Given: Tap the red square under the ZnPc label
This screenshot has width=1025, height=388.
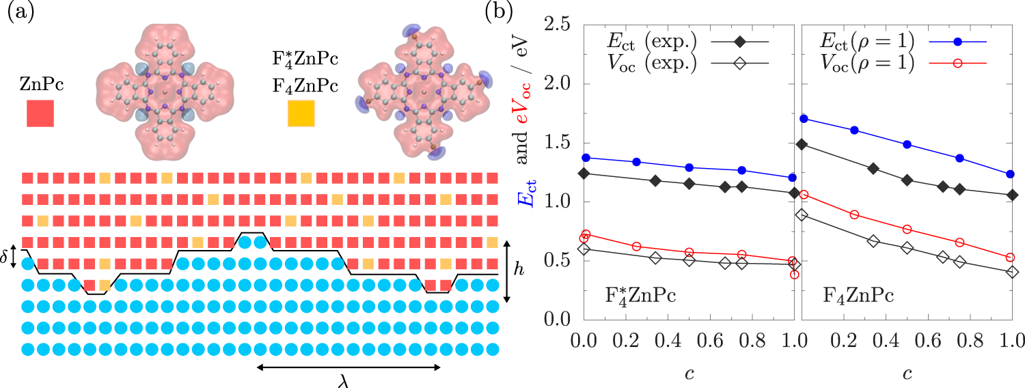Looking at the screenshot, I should coord(40,113).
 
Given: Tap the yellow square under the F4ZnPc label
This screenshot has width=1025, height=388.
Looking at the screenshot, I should coord(301,113).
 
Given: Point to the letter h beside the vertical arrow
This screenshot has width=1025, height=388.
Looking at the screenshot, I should coord(519,270).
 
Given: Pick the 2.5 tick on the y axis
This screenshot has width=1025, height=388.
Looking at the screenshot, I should coord(558,25).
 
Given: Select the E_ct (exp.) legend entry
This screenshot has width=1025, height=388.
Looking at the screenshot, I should coord(683,42).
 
